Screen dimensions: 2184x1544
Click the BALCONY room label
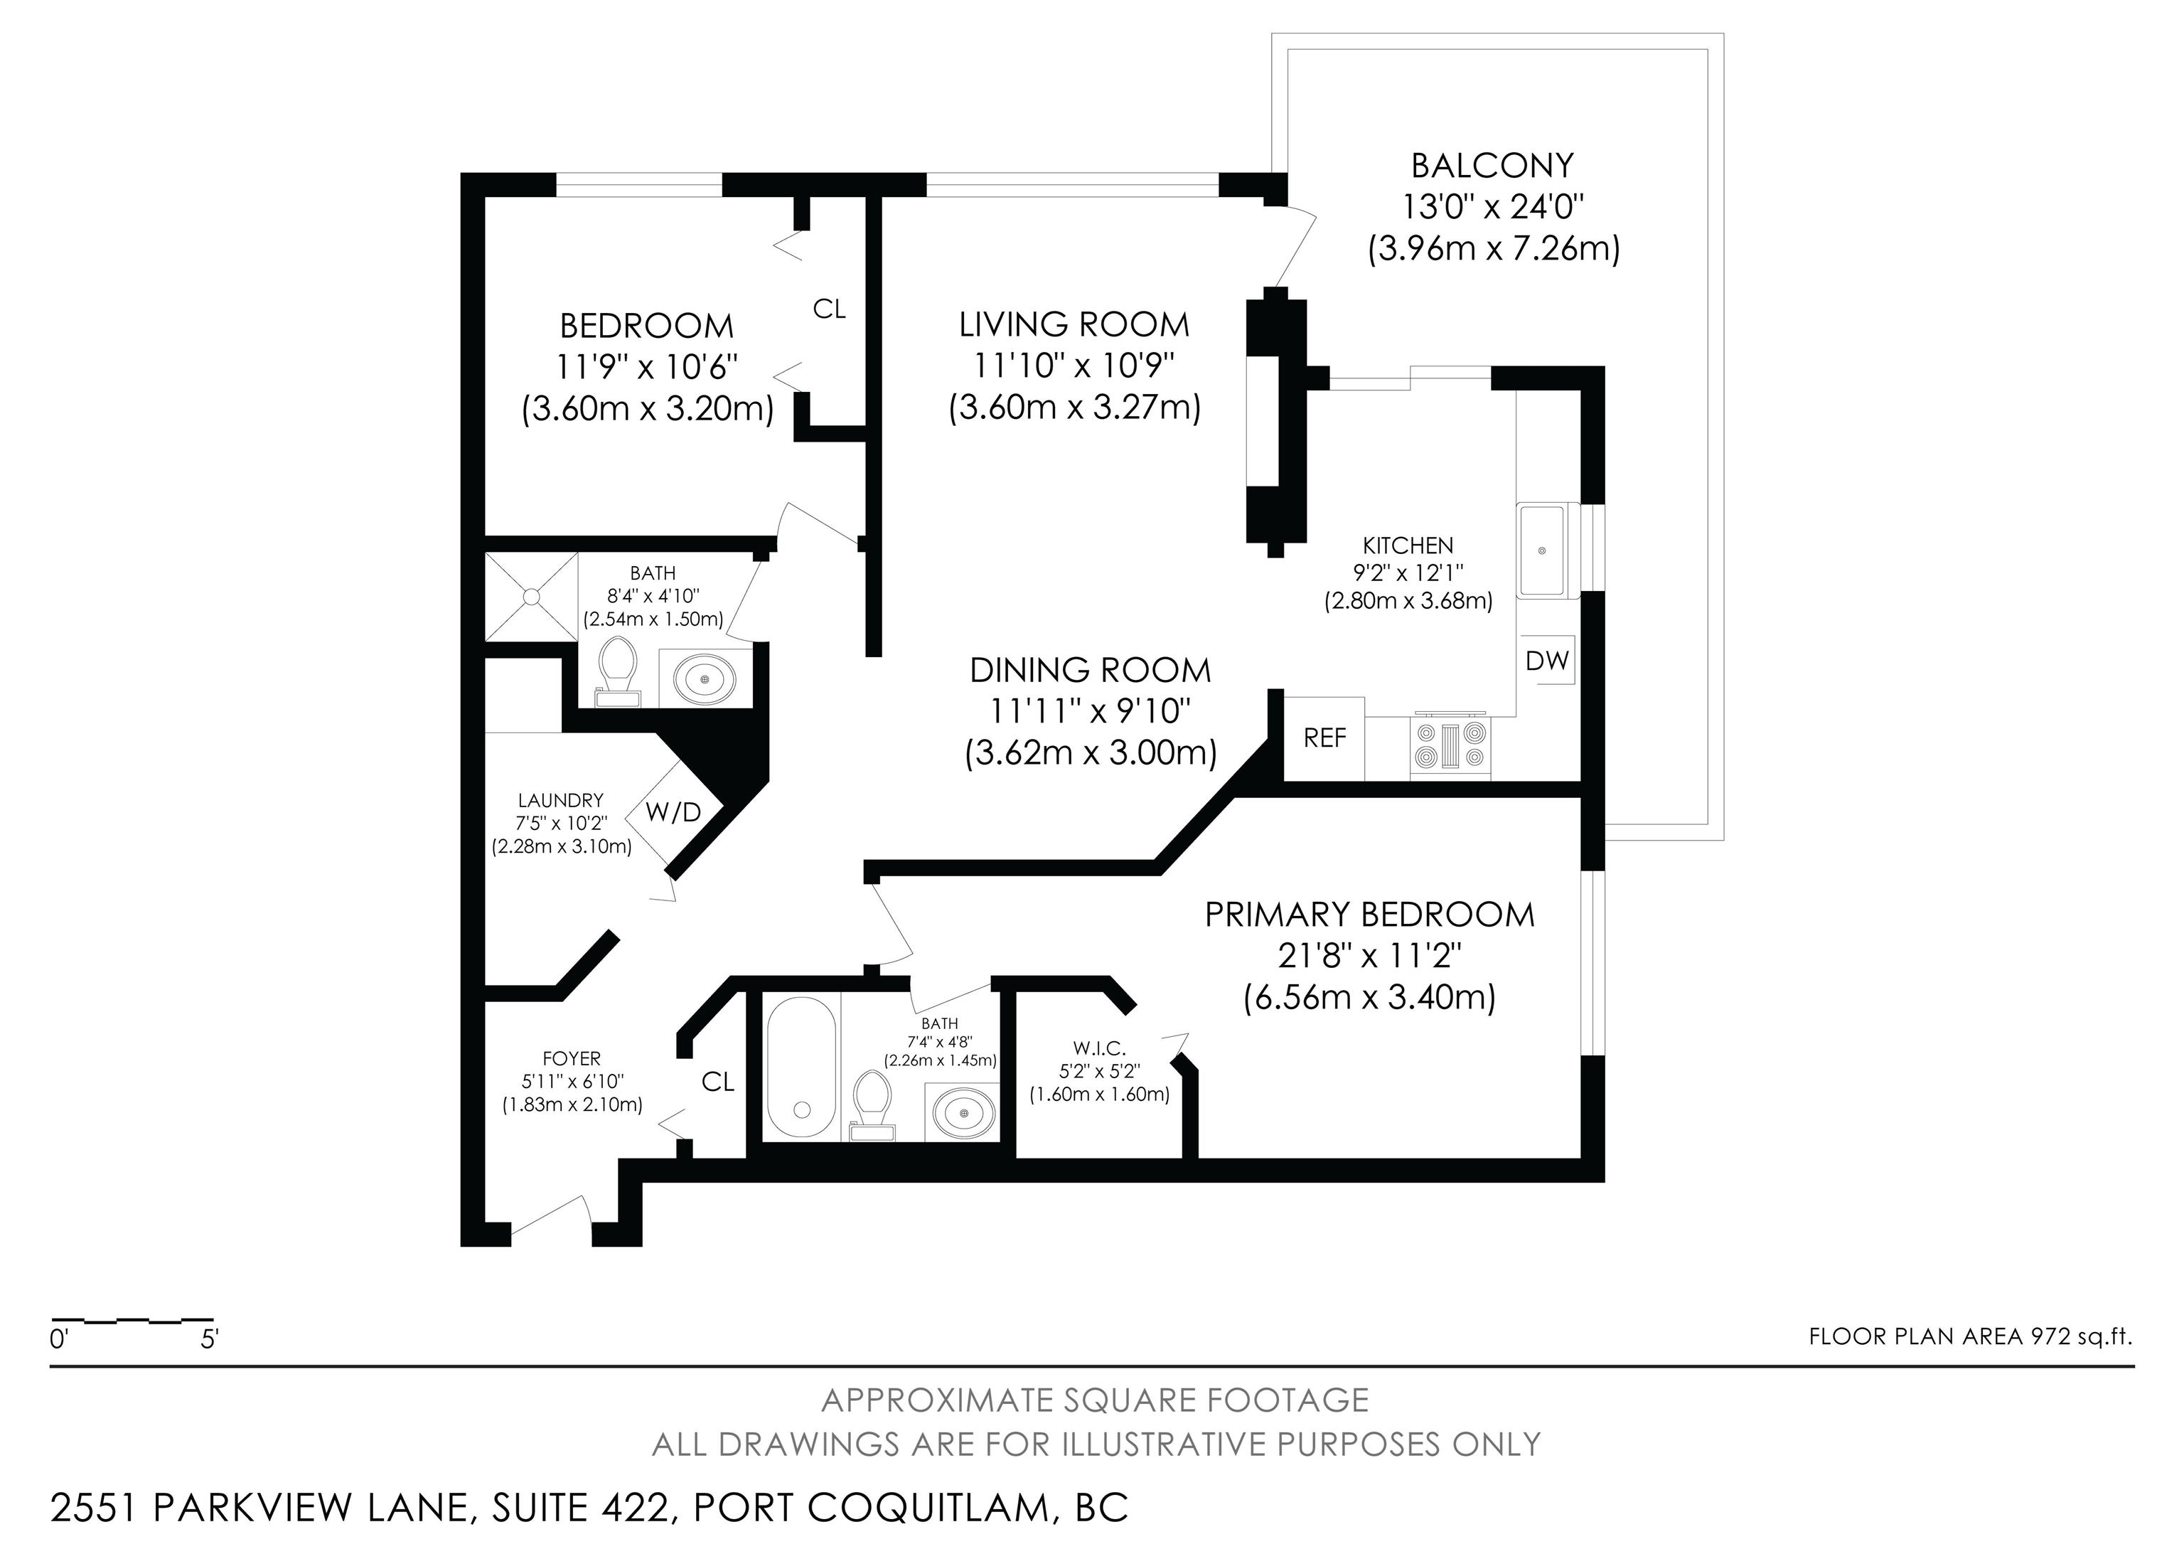coord(1492,166)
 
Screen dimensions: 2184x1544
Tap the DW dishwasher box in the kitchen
coord(1547,659)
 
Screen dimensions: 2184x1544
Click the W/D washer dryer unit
coord(673,811)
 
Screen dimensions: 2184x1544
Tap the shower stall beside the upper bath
coord(532,597)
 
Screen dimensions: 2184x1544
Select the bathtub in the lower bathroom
coord(801,1068)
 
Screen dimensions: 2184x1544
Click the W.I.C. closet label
coord(1100,1048)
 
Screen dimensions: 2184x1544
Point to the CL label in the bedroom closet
coord(830,309)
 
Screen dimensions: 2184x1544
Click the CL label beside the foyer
coord(718,1082)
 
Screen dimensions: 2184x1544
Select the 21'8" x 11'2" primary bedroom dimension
coord(1369,955)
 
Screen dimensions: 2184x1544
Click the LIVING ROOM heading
coord(1074,324)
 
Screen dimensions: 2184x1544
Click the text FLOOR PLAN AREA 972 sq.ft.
coord(1971,1336)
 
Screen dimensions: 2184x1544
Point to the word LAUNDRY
coord(560,801)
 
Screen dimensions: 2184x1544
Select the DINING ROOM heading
coord(1090,671)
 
